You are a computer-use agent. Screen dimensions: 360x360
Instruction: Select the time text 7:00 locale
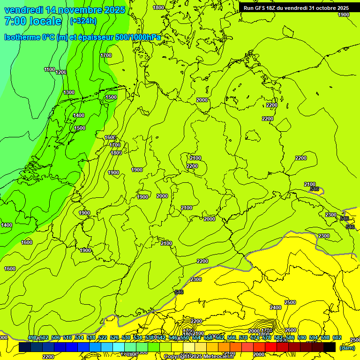(x=33, y=21)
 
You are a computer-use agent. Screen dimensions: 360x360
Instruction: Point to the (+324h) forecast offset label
(x=83, y=21)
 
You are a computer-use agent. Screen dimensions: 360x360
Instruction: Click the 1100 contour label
(x=49, y=70)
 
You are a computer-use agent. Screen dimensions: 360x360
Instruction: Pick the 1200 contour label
(x=61, y=72)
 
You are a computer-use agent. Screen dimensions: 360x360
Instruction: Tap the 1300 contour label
(x=69, y=92)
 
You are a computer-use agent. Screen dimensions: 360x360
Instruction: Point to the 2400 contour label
(x=276, y=307)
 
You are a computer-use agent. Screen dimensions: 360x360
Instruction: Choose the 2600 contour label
(x=291, y=330)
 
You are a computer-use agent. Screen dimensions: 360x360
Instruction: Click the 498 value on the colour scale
(x=32, y=337)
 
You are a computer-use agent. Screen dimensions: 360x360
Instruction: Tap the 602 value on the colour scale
(x=337, y=337)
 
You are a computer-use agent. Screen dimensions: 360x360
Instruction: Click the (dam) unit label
(x=347, y=348)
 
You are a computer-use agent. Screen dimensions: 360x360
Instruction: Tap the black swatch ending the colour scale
(x=329, y=347)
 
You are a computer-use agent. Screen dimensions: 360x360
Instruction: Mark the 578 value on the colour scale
(x=266, y=337)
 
